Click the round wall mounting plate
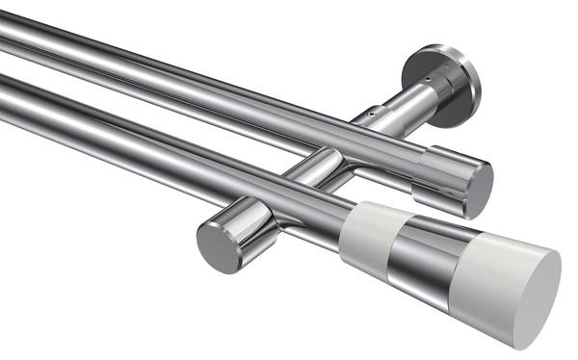(445, 83)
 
